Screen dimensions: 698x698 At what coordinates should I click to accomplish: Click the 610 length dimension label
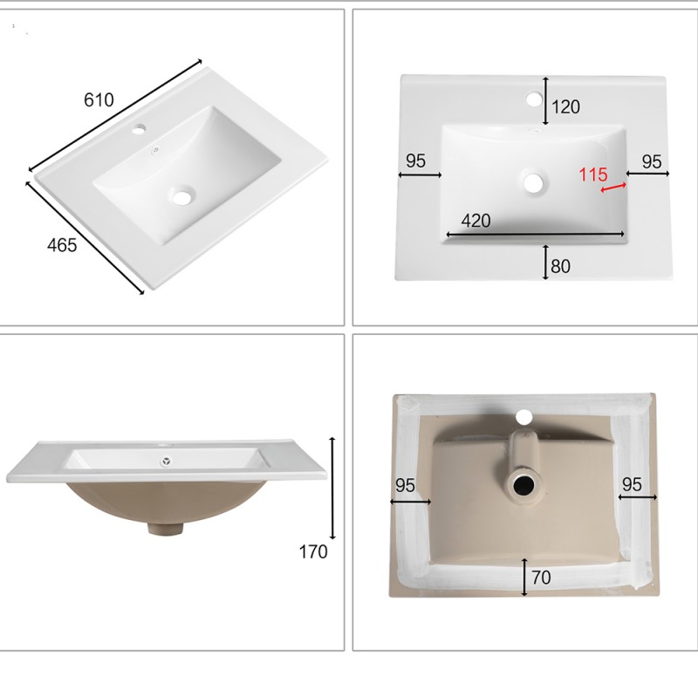(99, 99)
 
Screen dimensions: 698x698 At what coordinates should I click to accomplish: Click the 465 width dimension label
(62, 245)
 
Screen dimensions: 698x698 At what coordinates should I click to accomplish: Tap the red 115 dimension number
(593, 174)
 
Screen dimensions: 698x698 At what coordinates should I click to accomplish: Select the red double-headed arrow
(613, 188)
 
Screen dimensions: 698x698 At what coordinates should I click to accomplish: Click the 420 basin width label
(476, 221)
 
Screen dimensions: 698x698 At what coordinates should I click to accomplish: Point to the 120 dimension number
(565, 106)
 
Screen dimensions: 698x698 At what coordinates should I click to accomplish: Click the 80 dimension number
(560, 266)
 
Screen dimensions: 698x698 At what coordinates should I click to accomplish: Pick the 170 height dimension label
(313, 552)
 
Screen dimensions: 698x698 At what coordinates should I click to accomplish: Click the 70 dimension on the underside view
(541, 578)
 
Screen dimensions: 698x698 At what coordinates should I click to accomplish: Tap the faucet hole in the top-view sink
(533, 99)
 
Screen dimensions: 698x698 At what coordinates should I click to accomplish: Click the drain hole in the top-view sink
(533, 182)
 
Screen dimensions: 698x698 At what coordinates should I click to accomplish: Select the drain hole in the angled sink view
(181, 196)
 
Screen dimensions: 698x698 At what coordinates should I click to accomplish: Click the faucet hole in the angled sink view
(139, 130)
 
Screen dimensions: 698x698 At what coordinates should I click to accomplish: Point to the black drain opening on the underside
(524, 485)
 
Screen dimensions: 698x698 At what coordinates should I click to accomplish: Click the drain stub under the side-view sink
(166, 529)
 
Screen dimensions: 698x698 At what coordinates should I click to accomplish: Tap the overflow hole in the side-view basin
(167, 462)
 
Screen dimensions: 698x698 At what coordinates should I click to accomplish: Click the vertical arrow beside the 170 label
(332, 489)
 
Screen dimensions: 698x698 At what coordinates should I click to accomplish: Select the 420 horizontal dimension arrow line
(536, 234)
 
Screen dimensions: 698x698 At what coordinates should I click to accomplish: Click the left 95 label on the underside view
(405, 485)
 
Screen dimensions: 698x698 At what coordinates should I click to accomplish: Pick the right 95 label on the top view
(652, 162)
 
